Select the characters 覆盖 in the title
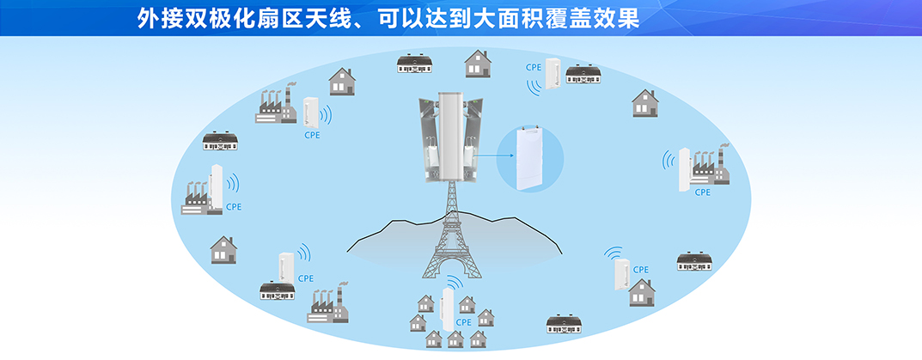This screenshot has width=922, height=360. click(558, 18)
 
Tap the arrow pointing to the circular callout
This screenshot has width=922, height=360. click(494, 156)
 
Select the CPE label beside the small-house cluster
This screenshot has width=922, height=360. click(464, 322)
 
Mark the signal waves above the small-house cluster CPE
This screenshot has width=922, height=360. click(455, 281)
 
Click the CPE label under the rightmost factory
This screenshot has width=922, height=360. click(703, 192)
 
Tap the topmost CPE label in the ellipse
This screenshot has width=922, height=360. click(534, 68)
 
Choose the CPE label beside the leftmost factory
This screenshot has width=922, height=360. click(234, 207)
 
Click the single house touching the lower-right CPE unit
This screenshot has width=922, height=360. click(642, 293)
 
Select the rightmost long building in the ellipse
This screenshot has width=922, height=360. click(694, 262)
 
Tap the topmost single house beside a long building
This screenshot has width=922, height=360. click(478, 64)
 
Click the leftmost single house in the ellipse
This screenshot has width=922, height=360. click(223, 249)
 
